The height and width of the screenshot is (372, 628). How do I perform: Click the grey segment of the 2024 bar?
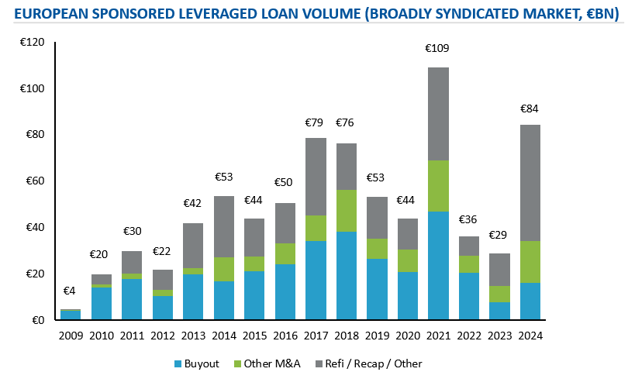(x=530, y=183)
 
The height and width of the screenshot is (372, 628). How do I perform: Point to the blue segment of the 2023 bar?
(x=499, y=311)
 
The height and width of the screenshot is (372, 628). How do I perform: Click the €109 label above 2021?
(x=438, y=48)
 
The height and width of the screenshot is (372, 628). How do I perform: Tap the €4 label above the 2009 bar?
(x=71, y=291)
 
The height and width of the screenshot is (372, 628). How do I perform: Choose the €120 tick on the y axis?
(x=33, y=42)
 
